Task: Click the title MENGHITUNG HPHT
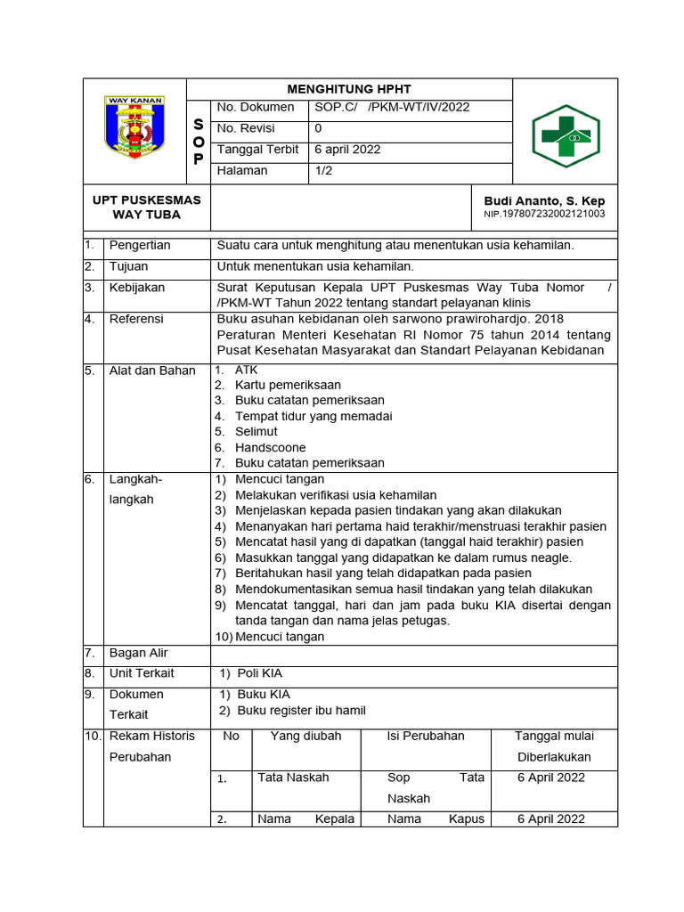(349, 89)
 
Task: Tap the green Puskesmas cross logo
(566, 136)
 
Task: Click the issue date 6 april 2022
(347, 150)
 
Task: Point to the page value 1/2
(323, 171)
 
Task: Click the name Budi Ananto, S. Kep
(544, 201)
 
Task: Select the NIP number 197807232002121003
(544, 215)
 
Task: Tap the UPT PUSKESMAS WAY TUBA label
(146, 208)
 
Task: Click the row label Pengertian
(140, 246)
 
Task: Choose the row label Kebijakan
(137, 289)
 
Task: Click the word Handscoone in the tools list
(270, 448)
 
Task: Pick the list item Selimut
(256, 432)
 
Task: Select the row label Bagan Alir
(138, 654)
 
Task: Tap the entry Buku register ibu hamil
(301, 711)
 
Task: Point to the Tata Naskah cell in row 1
(293, 778)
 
